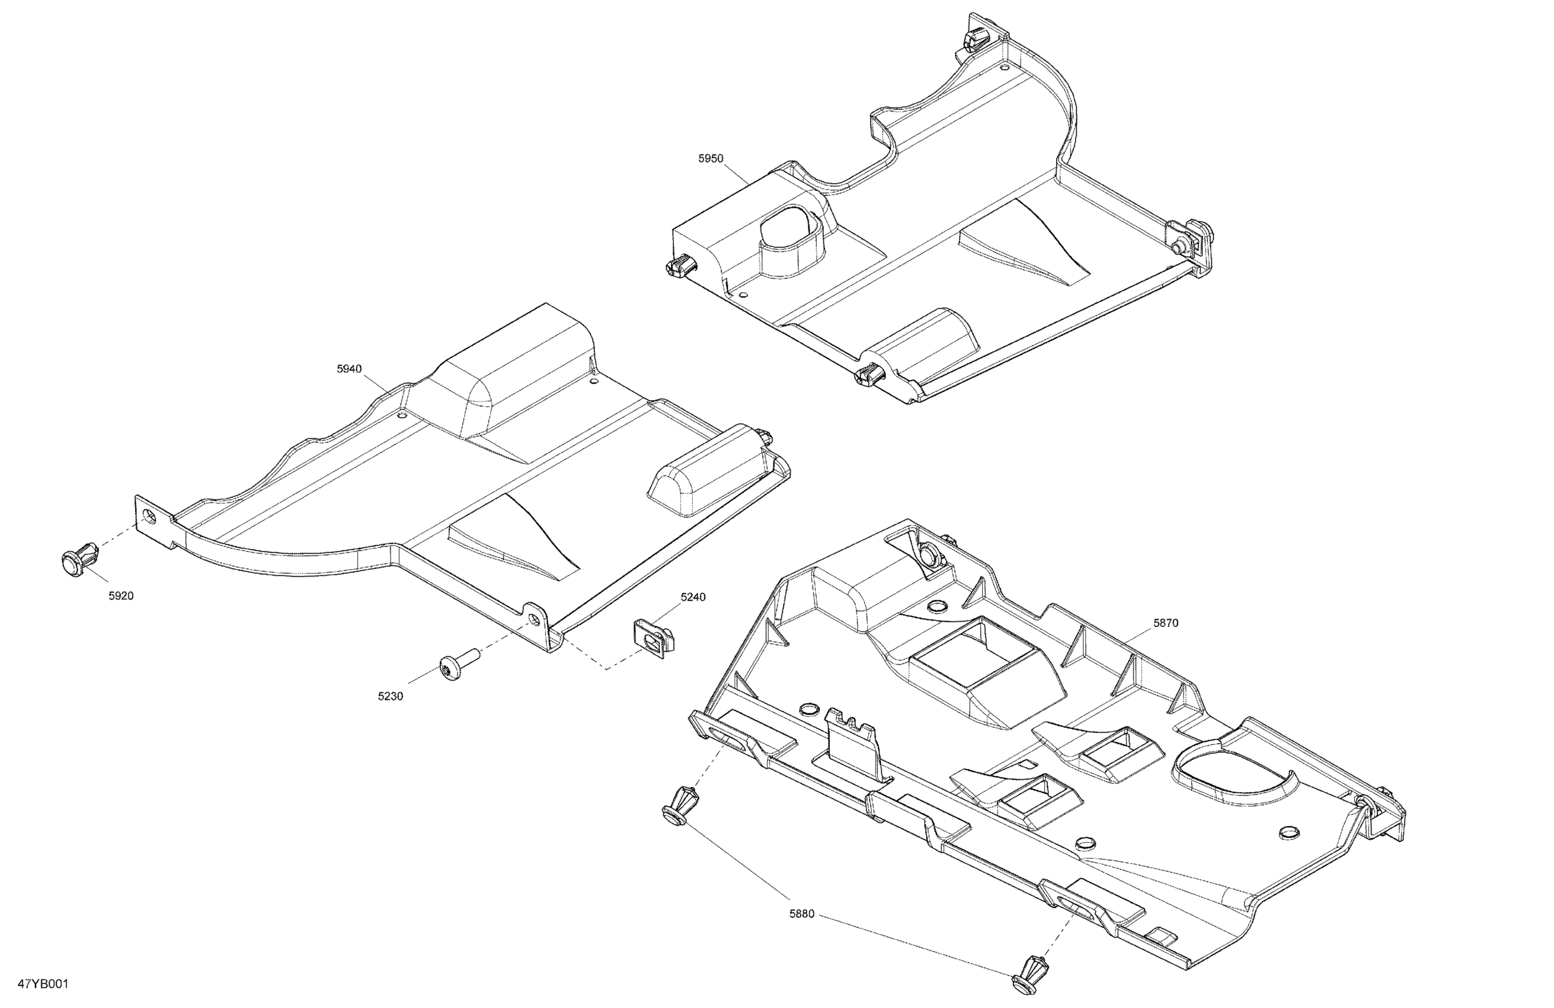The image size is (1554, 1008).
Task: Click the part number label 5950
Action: pyautogui.click(x=711, y=159)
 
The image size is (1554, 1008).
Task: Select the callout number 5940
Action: pyautogui.click(x=348, y=369)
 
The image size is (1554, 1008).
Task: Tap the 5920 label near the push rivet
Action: pyautogui.click(x=121, y=596)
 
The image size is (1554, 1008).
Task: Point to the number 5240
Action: pyautogui.click(x=693, y=597)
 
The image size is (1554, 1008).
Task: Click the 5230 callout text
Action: pyautogui.click(x=391, y=696)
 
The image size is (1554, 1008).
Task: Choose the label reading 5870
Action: pyautogui.click(x=1165, y=623)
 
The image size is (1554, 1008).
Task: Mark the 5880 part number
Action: pyautogui.click(x=802, y=914)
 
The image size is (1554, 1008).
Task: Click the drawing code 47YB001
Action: pyautogui.click(x=43, y=984)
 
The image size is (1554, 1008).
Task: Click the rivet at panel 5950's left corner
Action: pyautogui.click(x=679, y=266)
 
